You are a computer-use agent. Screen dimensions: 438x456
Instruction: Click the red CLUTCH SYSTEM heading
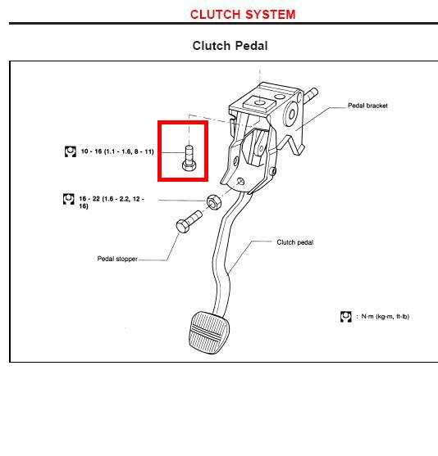point(243,14)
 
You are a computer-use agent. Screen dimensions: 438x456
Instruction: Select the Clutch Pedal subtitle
point(230,46)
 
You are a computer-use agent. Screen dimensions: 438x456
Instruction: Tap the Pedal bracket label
point(367,106)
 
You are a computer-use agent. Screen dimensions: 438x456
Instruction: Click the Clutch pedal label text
point(295,242)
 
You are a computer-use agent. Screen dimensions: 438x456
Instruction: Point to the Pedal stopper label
point(117,259)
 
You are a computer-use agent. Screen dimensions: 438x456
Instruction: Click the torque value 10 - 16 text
point(117,151)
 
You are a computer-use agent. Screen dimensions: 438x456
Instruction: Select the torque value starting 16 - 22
point(112,202)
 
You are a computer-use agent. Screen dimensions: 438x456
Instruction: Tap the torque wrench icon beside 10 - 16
point(71,151)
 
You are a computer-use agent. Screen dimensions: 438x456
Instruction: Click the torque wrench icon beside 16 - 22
point(68,199)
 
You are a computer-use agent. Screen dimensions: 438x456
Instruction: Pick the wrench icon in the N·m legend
point(345,316)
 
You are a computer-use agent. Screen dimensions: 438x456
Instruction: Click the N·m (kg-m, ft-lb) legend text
point(386,316)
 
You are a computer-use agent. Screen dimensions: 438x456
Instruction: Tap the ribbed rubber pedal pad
point(208,332)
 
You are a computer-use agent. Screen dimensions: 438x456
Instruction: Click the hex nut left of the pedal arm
point(213,202)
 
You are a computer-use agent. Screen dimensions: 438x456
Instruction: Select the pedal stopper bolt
point(189,222)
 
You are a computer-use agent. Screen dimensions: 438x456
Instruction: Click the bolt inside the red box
point(189,158)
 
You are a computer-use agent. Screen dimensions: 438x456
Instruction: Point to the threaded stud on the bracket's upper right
point(311,93)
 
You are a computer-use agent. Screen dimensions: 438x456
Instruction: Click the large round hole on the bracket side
point(291,114)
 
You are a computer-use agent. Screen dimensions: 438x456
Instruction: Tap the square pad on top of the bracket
point(259,102)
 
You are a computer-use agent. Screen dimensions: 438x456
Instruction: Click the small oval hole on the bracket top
point(280,97)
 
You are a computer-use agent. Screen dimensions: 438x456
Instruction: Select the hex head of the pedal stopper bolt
point(183,226)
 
